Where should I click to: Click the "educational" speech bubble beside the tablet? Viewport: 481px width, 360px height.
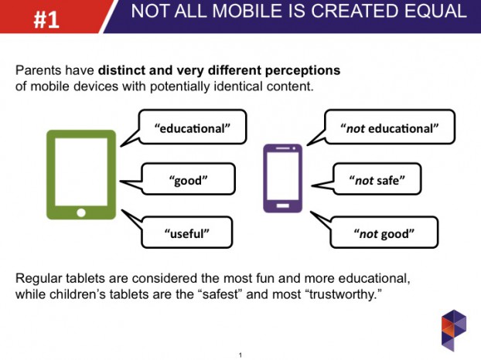[x=194, y=127]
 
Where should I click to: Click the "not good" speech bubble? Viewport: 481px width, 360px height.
[x=384, y=232]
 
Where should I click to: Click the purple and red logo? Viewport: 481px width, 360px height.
[x=453, y=329]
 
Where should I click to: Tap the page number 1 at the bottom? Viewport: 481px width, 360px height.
[x=240, y=355]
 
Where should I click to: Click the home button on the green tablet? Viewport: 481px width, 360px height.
[x=80, y=212]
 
